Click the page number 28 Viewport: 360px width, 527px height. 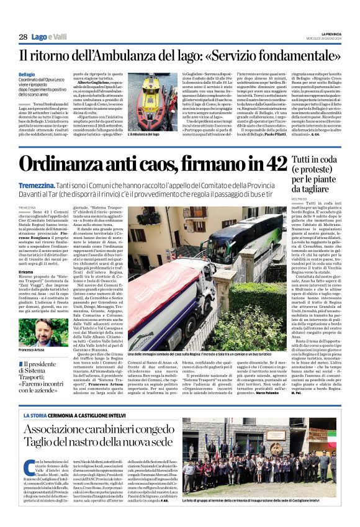[x=23, y=37]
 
